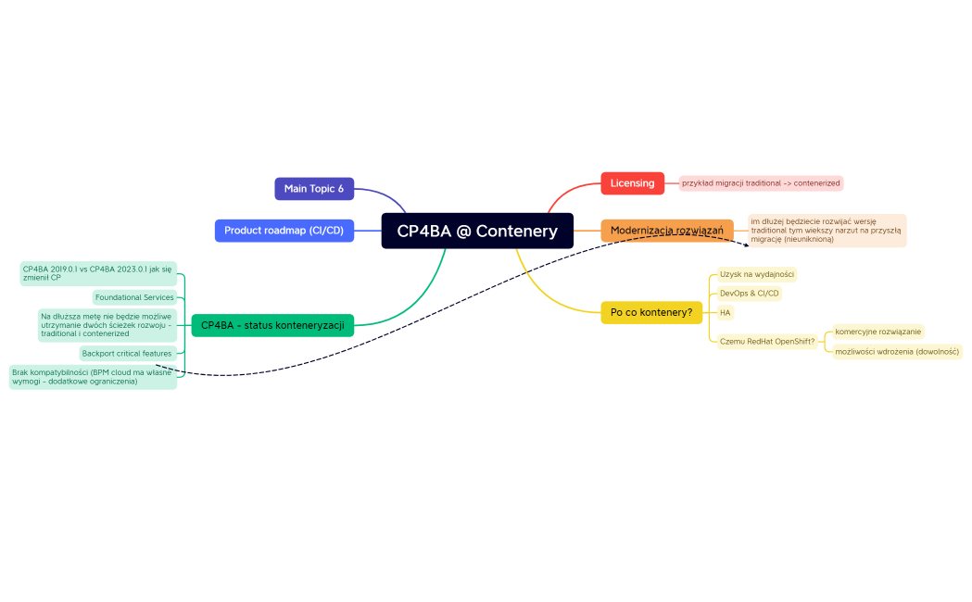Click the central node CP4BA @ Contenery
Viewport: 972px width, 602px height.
click(x=477, y=231)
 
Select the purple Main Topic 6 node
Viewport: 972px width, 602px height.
click(x=314, y=189)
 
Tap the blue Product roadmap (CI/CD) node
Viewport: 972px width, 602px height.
click(x=284, y=231)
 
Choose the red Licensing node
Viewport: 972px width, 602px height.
click(x=632, y=183)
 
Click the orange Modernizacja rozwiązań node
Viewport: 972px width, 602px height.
click(x=667, y=231)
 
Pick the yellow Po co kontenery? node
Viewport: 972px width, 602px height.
click(x=651, y=312)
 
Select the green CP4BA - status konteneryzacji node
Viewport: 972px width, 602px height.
click(x=272, y=325)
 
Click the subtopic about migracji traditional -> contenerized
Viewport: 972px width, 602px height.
click(x=761, y=183)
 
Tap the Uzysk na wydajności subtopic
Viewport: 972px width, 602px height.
click(x=756, y=274)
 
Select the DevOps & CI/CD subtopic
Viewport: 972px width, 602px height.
click(x=750, y=294)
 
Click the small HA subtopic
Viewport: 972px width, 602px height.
click(x=726, y=313)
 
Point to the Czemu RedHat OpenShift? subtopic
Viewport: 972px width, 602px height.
click(x=767, y=341)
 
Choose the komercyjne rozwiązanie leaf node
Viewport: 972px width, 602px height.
click(x=877, y=332)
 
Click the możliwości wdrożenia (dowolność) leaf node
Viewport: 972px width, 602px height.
click(x=897, y=352)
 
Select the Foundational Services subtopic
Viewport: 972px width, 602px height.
click(x=134, y=297)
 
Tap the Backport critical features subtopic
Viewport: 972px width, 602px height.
click(x=127, y=353)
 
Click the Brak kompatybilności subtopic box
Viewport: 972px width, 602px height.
click(x=93, y=377)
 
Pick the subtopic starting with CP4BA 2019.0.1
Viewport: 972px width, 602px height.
click(x=98, y=273)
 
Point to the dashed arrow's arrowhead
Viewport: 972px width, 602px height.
click(x=746, y=245)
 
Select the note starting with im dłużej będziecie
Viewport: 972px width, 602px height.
click(x=827, y=231)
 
